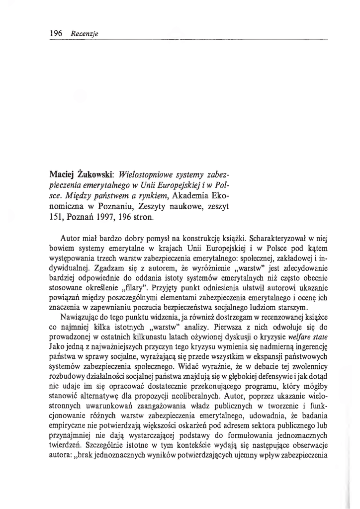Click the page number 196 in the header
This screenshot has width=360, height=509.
(x=55, y=34)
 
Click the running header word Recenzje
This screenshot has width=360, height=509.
(x=85, y=34)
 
